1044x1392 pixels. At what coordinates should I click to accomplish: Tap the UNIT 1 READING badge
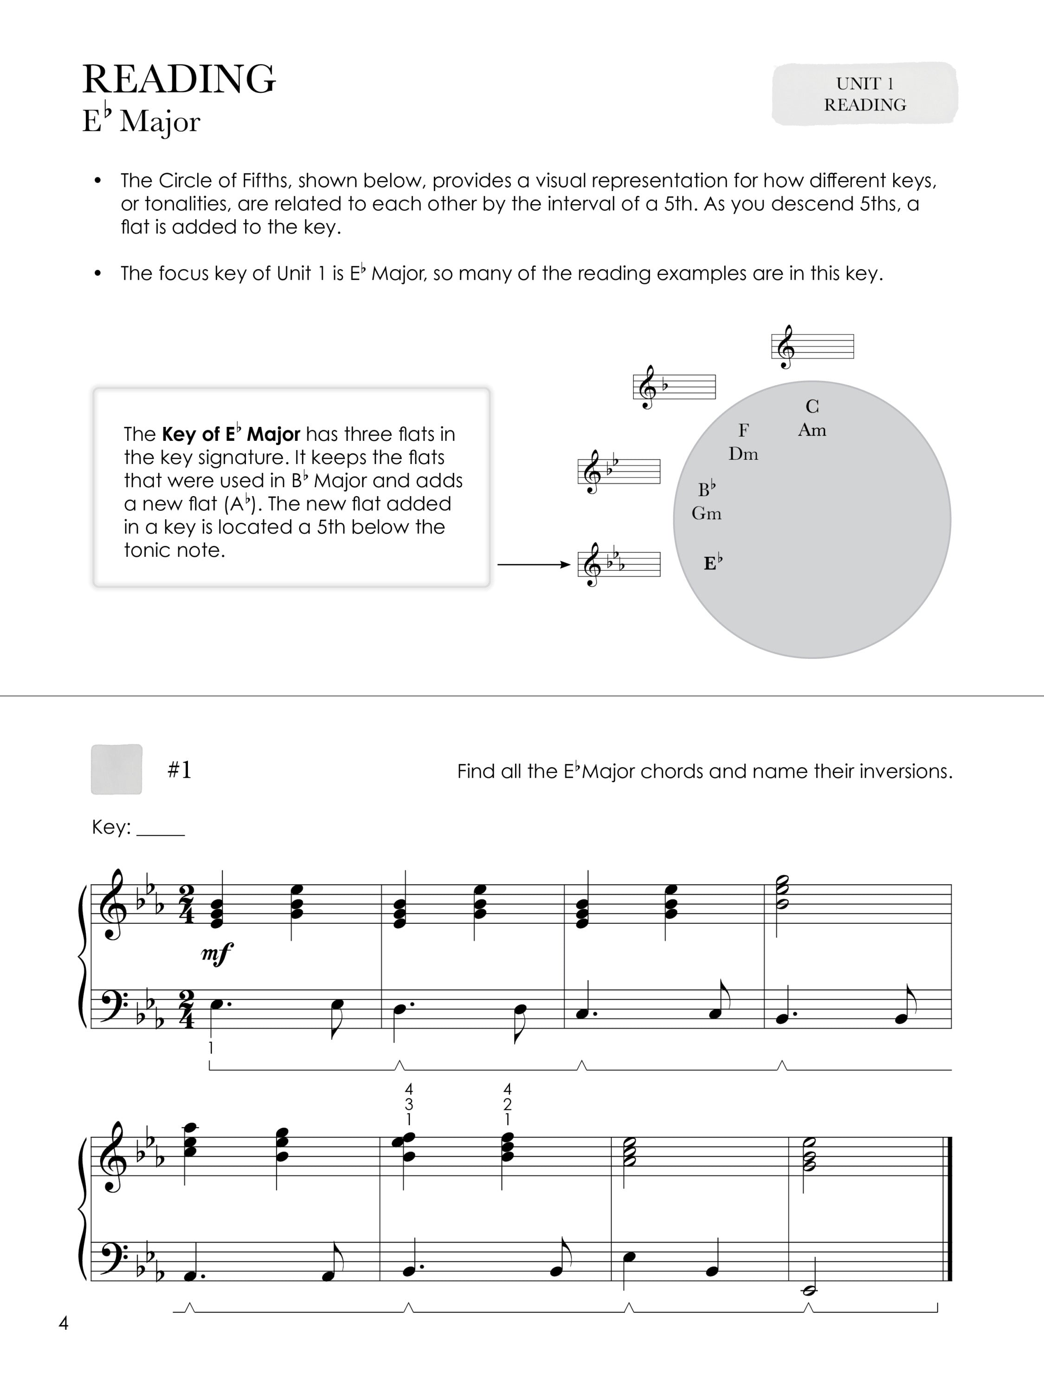(x=864, y=94)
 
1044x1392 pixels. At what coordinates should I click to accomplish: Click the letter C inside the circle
(x=812, y=406)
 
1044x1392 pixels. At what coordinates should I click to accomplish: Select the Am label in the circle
(x=812, y=431)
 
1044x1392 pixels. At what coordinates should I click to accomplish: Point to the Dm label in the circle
(x=743, y=454)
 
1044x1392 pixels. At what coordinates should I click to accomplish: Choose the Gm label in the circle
(x=706, y=514)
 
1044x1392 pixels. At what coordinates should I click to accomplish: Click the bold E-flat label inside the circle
(x=712, y=562)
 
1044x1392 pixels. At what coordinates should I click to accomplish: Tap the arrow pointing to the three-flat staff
(x=534, y=565)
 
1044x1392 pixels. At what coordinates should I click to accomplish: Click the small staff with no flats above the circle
(x=812, y=347)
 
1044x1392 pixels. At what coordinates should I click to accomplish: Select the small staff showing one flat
(x=674, y=387)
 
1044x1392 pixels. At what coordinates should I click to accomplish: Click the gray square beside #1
(x=116, y=769)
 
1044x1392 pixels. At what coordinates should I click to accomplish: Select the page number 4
(x=63, y=1323)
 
